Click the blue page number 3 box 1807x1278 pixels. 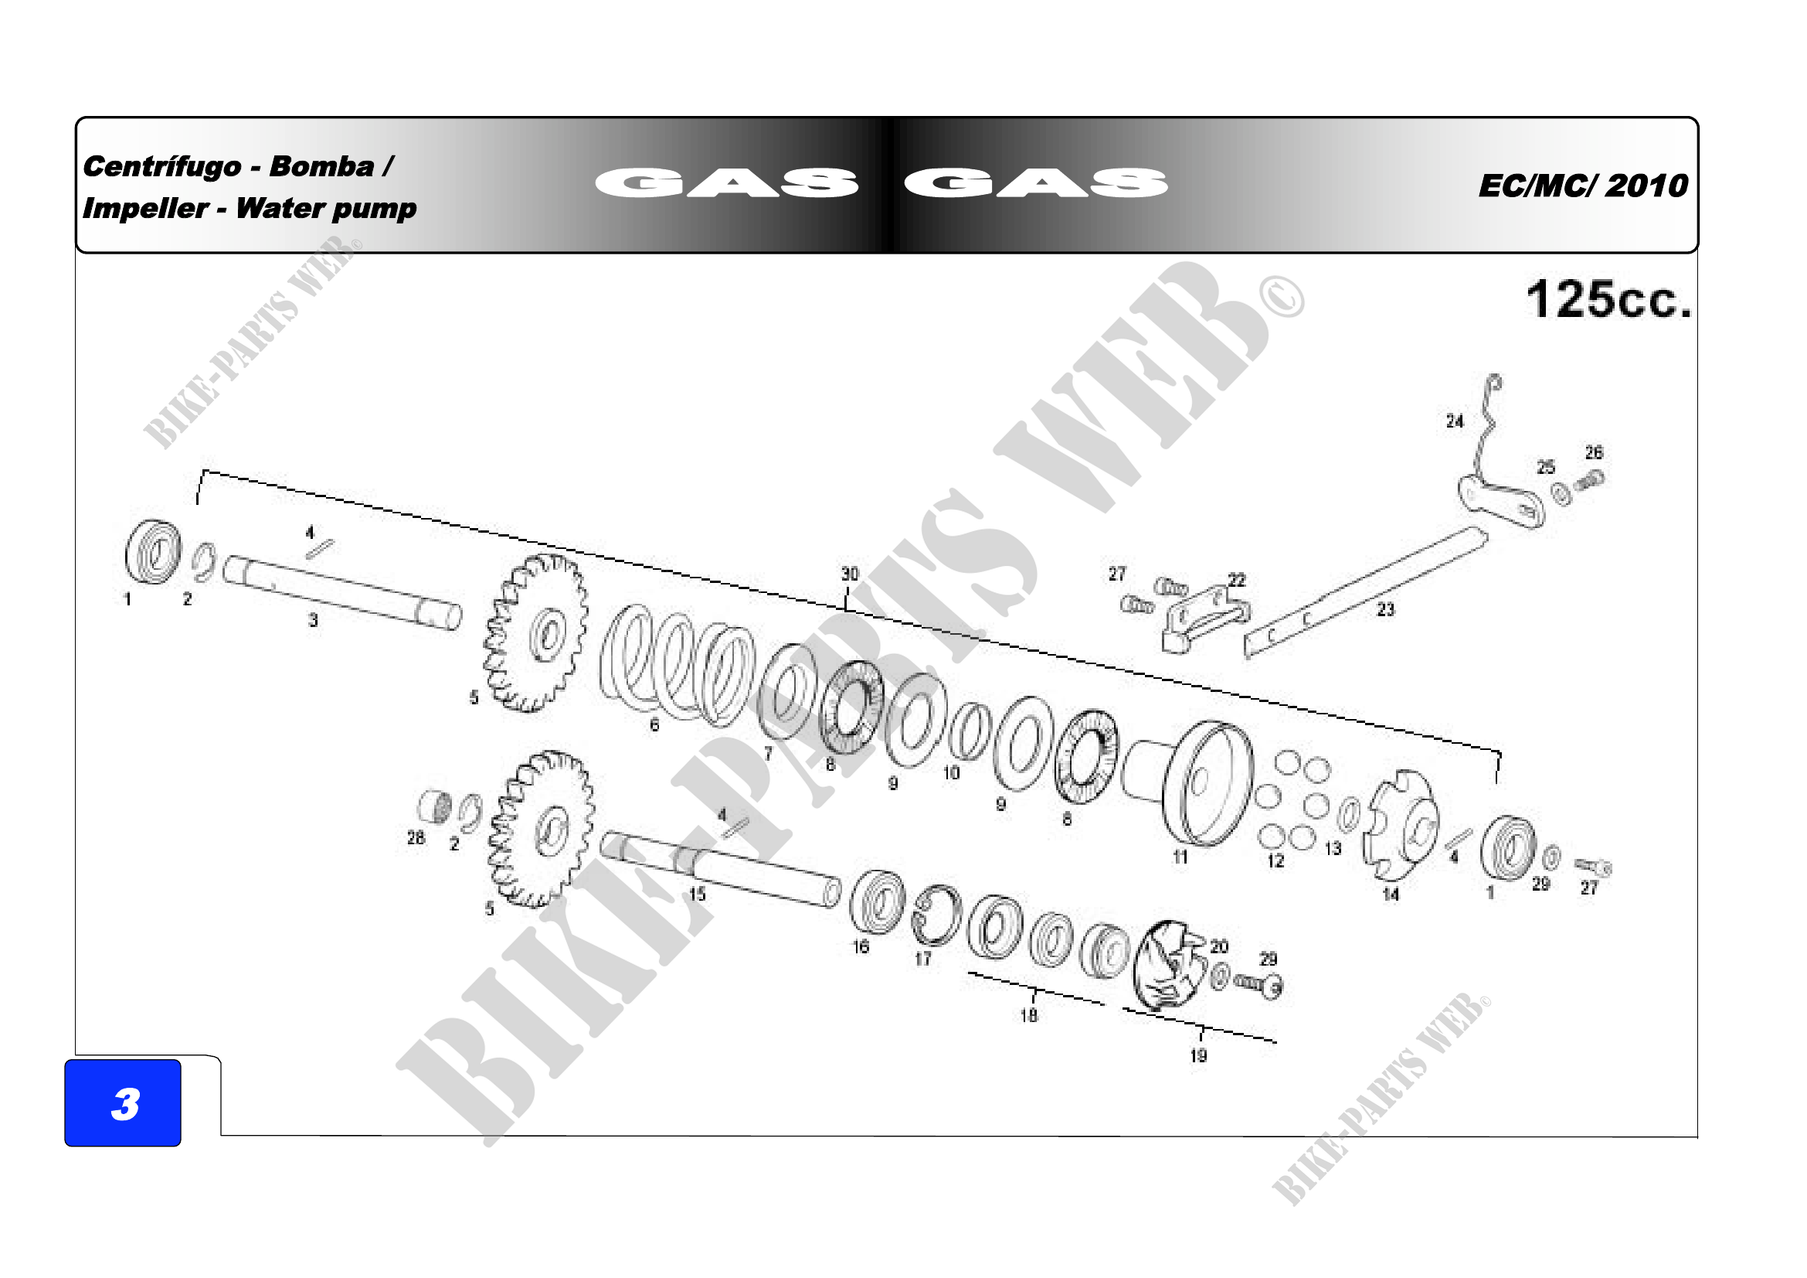coord(123,1102)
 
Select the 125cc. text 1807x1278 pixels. coord(1608,299)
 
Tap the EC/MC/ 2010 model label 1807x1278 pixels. coord(1584,186)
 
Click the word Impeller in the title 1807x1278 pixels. coord(145,209)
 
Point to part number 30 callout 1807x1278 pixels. coord(850,574)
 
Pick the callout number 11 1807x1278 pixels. coord(1180,857)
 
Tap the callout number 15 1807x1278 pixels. coord(698,894)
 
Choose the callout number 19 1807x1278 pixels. coord(1199,1056)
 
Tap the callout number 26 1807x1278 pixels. coord(1594,453)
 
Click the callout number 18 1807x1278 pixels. coord(1028,1016)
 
